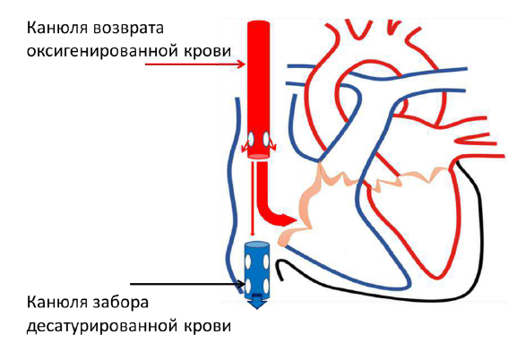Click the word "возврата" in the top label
click(129, 28)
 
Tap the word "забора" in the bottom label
click(121, 303)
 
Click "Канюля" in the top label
click(57, 28)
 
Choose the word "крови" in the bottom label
click(207, 326)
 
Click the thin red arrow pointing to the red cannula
click(195, 64)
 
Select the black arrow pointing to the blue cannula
click(188, 284)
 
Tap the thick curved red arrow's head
click(288, 220)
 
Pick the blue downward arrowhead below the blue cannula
click(257, 303)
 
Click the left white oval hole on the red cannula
click(251, 140)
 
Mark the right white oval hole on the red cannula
click(266, 140)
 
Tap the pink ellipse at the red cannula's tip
click(258, 156)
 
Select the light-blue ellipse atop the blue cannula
click(256, 245)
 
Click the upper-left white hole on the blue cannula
click(248, 262)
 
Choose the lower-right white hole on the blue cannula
click(265, 286)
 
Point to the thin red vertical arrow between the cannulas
click(253, 199)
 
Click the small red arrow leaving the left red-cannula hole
click(246, 145)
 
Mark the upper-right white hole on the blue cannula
click(265, 262)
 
